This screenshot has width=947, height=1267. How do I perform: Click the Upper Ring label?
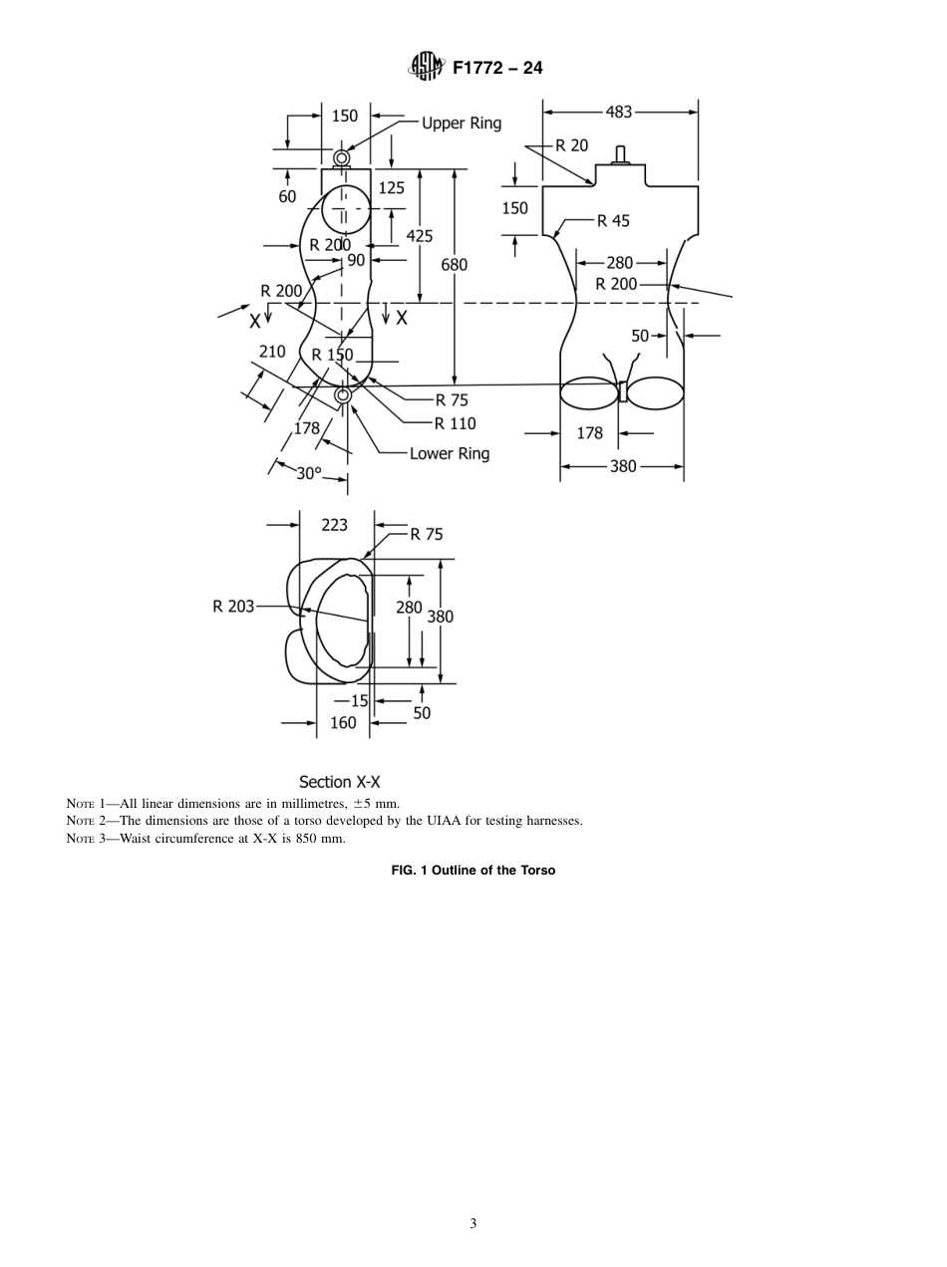(x=462, y=124)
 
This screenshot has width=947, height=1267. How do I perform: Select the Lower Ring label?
(x=450, y=453)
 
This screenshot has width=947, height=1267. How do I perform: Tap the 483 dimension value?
(x=619, y=112)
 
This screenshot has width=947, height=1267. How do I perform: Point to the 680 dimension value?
(x=454, y=265)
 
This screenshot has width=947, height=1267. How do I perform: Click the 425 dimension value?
(x=420, y=236)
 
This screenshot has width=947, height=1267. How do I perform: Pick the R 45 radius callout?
(x=613, y=221)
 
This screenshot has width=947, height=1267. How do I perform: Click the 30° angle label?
(x=309, y=474)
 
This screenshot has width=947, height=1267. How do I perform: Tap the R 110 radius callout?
(x=456, y=423)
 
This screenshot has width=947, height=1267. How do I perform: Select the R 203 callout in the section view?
(x=233, y=606)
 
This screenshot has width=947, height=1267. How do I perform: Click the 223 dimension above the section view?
(x=335, y=524)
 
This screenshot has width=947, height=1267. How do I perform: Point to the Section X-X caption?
(x=339, y=783)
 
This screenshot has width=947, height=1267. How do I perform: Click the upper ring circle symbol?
(x=342, y=158)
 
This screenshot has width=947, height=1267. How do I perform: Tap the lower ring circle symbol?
(x=343, y=396)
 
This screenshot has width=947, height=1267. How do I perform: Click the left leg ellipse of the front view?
(x=588, y=392)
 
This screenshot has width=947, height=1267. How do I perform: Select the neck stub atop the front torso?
(x=619, y=154)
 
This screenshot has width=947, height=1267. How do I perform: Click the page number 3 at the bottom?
(x=473, y=1224)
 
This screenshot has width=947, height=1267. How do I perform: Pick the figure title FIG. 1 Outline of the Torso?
(x=473, y=870)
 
